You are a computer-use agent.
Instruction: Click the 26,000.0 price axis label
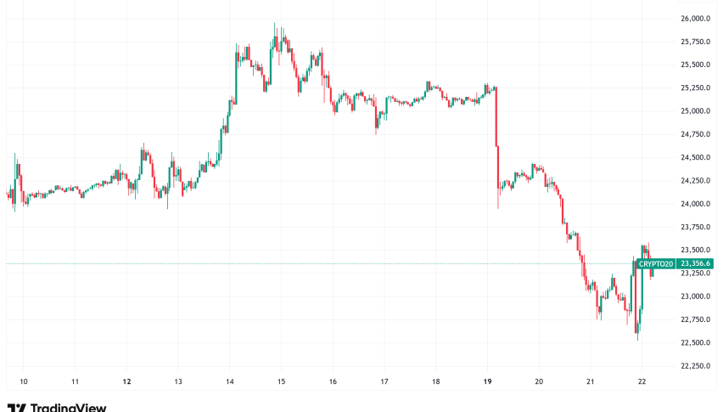695,19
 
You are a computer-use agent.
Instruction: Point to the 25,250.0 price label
695,88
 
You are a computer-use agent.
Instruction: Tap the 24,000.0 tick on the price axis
695,204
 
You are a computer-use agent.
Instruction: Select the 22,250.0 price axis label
695,366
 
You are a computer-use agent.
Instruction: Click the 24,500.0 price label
695,158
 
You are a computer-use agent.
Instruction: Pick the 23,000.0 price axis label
695,296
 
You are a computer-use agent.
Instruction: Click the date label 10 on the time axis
24,382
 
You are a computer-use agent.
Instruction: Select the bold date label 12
126,382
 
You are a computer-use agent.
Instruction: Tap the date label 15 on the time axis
281,382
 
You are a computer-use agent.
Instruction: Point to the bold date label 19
488,382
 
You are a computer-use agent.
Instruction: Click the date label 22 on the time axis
642,382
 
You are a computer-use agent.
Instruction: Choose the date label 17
384,382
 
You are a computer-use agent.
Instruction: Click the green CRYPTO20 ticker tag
656,264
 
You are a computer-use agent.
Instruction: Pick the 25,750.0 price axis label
695,42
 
